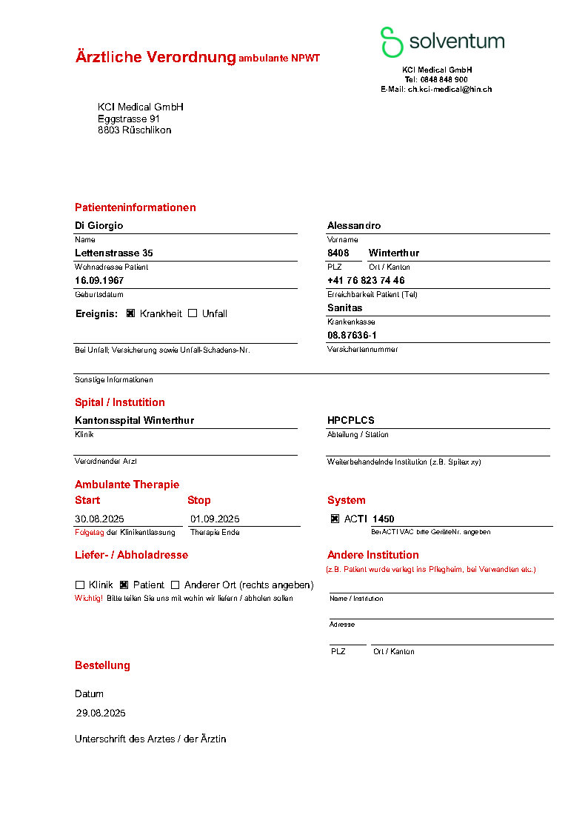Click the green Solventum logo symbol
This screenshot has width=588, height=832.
point(391,41)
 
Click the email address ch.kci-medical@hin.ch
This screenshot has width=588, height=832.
point(450,89)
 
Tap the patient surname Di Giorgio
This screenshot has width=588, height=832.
point(99,225)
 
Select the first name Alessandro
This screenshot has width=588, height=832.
point(354,225)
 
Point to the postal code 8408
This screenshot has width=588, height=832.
point(338,253)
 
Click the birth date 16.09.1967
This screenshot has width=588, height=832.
point(99,280)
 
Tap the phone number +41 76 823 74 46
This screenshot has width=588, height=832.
point(366,280)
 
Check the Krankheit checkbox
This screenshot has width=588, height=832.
point(130,313)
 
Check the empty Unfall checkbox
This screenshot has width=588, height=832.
point(193,313)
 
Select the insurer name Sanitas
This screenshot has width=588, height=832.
point(345,307)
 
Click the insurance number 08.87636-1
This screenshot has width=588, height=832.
point(352,335)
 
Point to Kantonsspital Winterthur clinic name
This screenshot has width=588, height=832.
point(134,420)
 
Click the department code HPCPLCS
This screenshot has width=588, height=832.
point(351,420)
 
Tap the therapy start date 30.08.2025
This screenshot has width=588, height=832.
point(100,519)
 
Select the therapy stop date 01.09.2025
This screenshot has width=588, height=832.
point(215,519)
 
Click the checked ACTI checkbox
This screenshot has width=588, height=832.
point(335,519)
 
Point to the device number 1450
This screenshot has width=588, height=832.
point(384,519)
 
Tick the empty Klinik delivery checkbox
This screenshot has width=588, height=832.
point(80,585)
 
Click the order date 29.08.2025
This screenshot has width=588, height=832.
point(101,713)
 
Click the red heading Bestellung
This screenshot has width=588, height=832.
point(102,665)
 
